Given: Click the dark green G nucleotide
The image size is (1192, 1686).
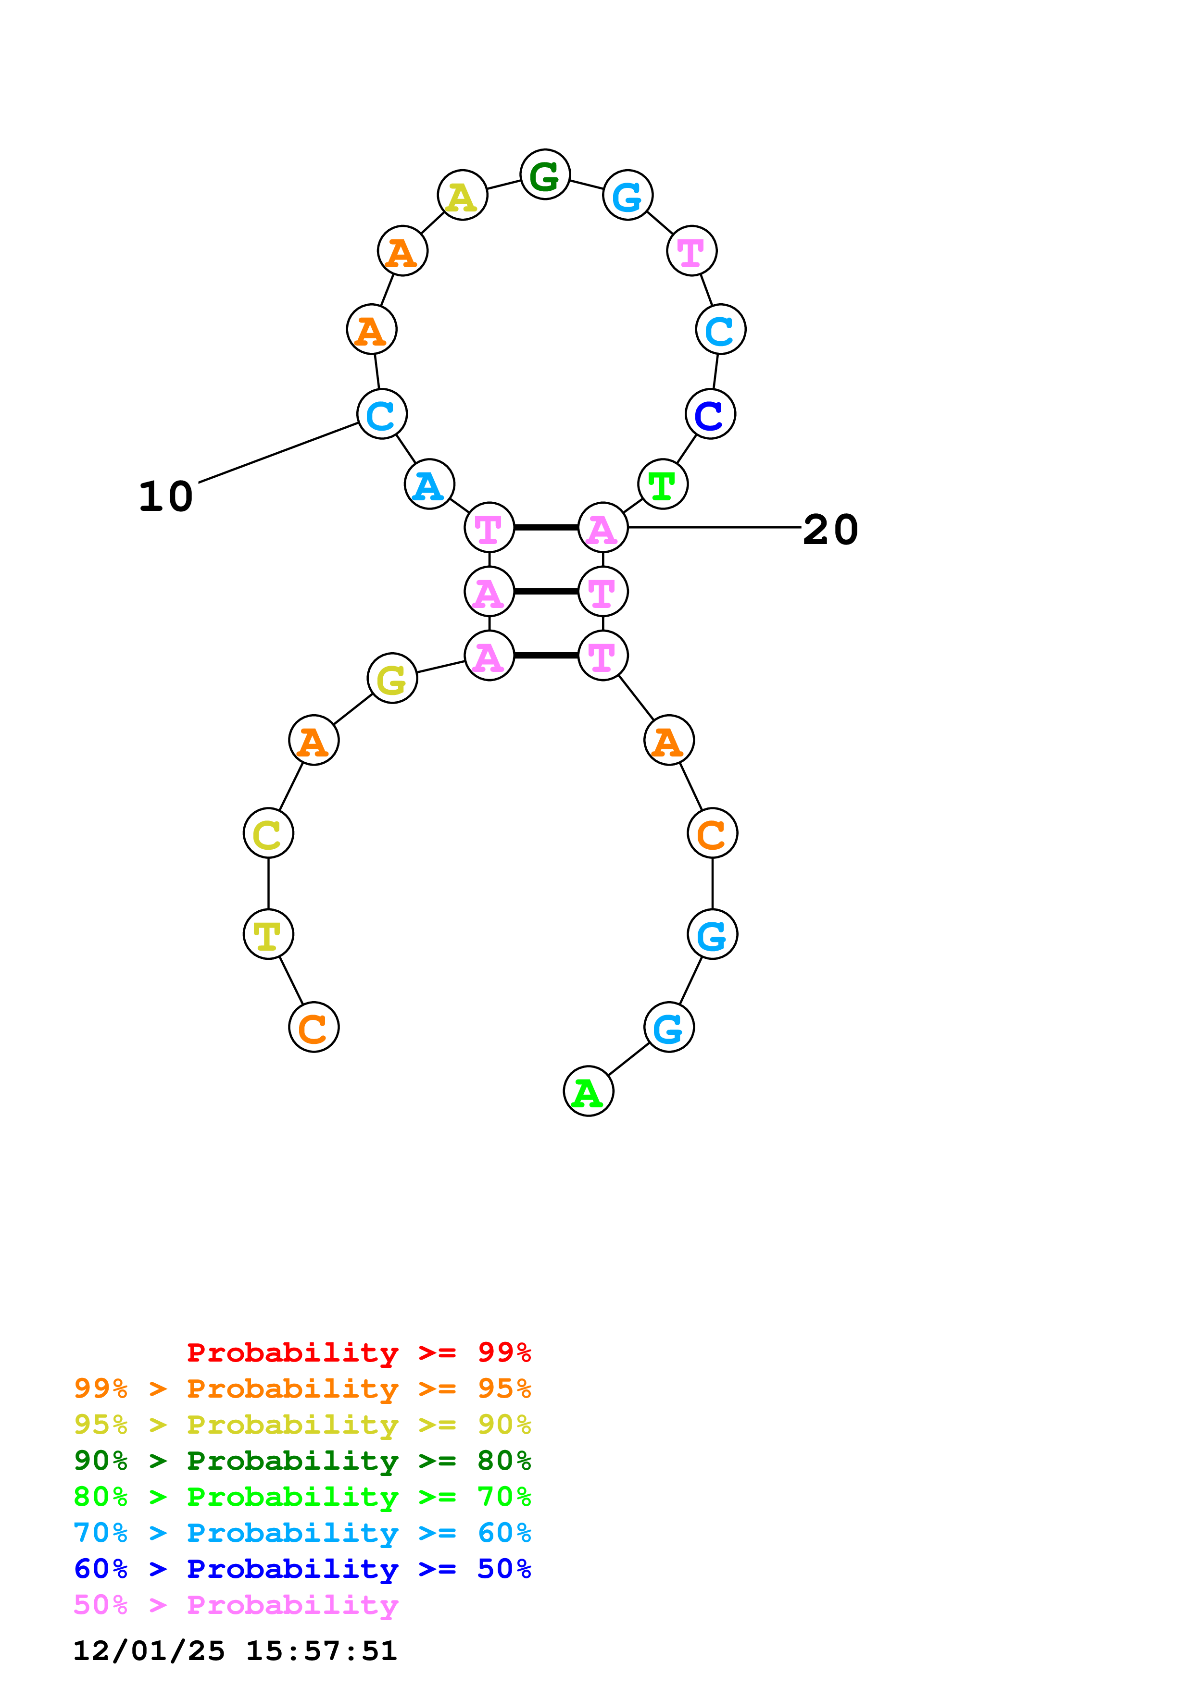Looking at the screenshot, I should pyautogui.click(x=544, y=175).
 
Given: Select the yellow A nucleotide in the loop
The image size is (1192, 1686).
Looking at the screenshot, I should pyautogui.click(x=462, y=195).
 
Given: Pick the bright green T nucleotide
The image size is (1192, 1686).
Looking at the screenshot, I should pyautogui.click(x=663, y=484).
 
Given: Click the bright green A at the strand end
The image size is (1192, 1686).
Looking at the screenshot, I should pyautogui.click(x=588, y=1091).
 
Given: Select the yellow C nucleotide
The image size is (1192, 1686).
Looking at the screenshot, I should pyautogui.click(x=268, y=833).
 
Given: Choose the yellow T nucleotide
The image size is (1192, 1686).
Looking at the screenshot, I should pyautogui.click(x=268, y=934).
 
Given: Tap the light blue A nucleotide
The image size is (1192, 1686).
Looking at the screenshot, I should pyautogui.click(x=429, y=484).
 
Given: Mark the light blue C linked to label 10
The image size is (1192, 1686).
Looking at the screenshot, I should pyautogui.click(x=381, y=414).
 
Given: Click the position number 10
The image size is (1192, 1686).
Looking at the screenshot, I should pyautogui.click(x=166, y=496).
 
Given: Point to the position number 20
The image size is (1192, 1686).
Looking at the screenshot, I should pyautogui.click(x=830, y=530).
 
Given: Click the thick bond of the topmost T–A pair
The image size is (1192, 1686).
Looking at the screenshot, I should pyautogui.click(x=546, y=527).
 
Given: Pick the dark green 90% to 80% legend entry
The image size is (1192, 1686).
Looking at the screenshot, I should pyautogui.click(x=302, y=1461).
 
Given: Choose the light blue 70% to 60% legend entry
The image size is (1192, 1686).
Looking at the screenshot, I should pyautogui.click(x=302, y=1533).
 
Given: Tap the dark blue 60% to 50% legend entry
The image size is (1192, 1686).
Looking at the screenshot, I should pyautogui.click(x=302, y=1569).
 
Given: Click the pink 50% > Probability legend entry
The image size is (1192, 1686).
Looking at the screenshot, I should pyautogui.click(x=236, y=1605).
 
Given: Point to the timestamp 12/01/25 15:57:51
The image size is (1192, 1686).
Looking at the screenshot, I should pyautogui.click(x=235, y=1651).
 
